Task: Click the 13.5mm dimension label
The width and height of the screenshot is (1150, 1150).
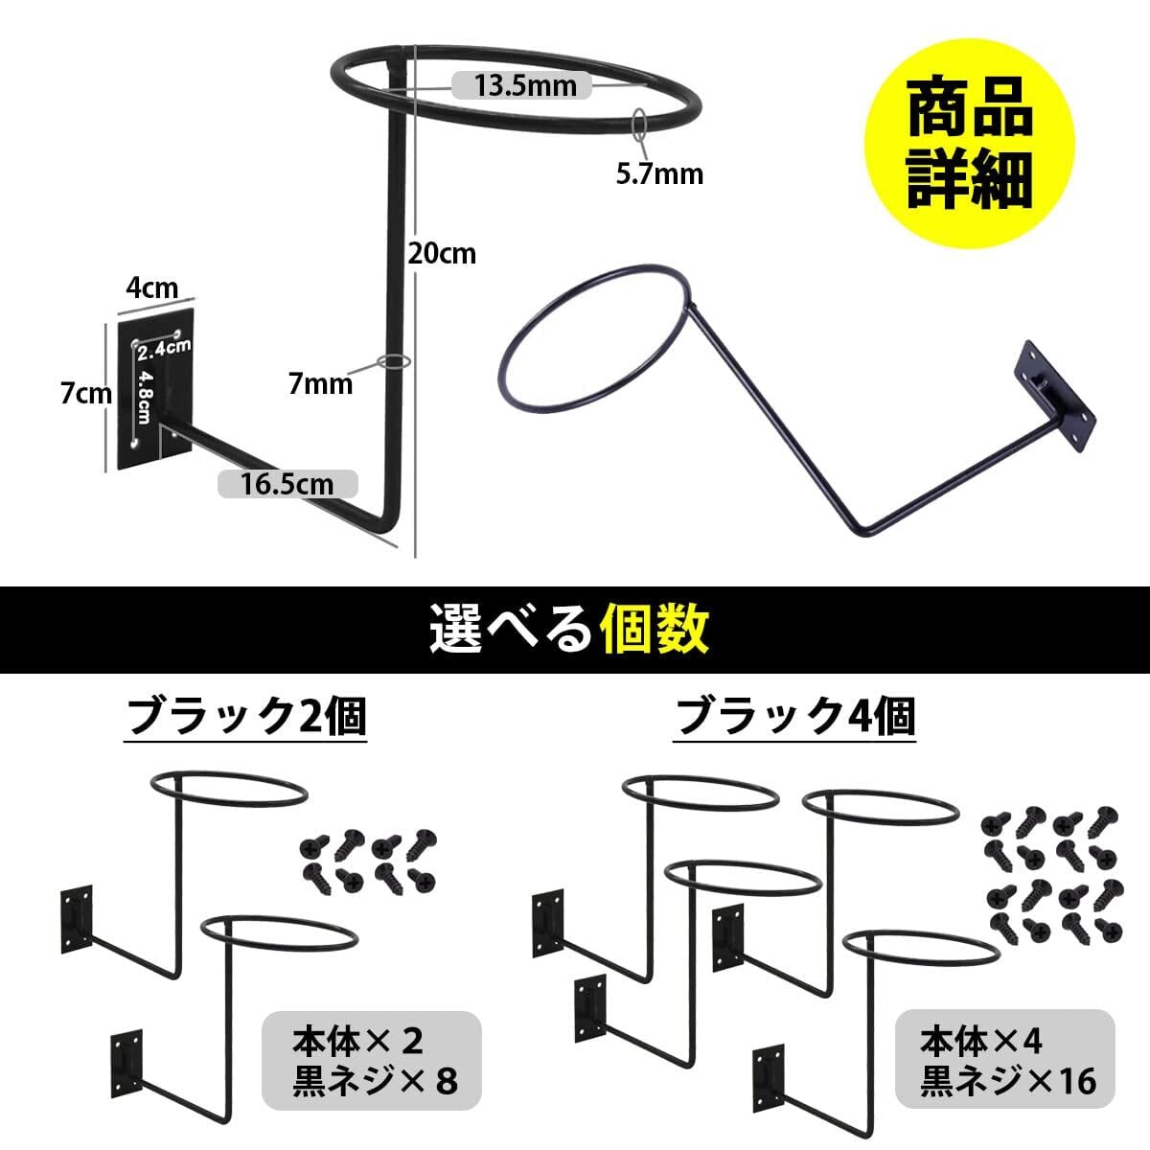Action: pyautogui.click(x=525, y=85)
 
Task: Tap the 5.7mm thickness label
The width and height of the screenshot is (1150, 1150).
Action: pyautogui.click(x=659, y=174)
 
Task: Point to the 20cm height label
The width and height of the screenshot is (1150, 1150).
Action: pyautogui.click(x=442, y=254)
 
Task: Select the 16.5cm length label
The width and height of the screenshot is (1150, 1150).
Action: pyautogui.click(x=287, y=483)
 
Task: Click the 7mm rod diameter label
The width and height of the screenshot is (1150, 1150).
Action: pyautogui.click(x=320, y=383)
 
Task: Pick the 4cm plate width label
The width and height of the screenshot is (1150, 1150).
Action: pyautogui.click(x=152, y=287)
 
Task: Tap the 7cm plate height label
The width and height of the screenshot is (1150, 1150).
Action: pyautogui.click(x=86, y=393)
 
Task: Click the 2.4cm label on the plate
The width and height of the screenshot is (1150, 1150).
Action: pyautogui.click(x=164, y=349)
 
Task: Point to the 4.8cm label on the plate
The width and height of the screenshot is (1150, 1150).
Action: pyautogui.click(x=145, y=397)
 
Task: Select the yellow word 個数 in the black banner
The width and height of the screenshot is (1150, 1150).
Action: pyautogui.click(x=655, y=629)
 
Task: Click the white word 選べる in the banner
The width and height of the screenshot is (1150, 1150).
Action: pyautogui.click(x=511, y=629)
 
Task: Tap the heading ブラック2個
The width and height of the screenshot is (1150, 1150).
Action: pyautogui.click(x=246, y=717)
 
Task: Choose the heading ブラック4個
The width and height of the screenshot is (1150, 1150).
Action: pyautogui.click(x=794, y=717)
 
